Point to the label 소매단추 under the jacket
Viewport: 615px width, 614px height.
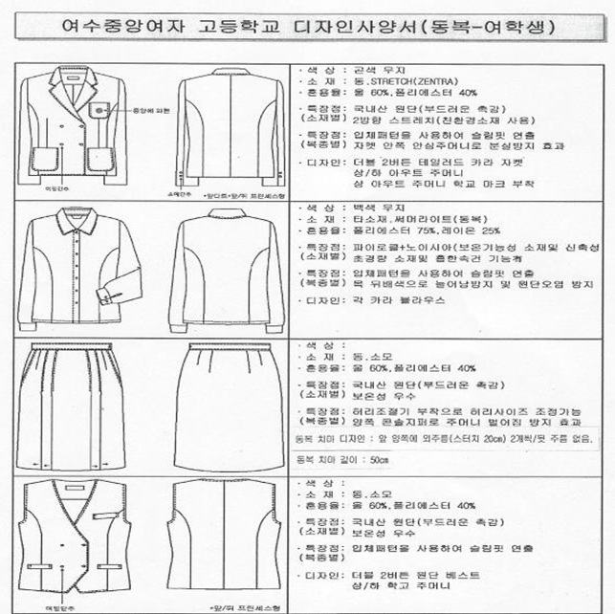coord(174,191)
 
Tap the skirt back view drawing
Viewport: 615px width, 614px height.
coord(229,402)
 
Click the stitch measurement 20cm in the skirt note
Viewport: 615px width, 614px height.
coord(488,439)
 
